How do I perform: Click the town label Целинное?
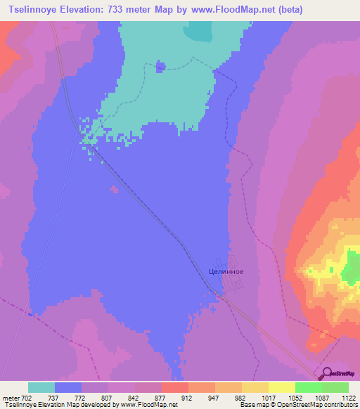tap(226, 270)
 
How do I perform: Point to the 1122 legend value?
tap(347, 397)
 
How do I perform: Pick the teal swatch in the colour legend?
tap(41, 387)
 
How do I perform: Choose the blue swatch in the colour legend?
tap(68, 387)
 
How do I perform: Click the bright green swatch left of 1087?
tap(308, 387)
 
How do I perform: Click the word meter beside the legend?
tap(11, 397)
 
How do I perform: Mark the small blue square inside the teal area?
tap(160, 67)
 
